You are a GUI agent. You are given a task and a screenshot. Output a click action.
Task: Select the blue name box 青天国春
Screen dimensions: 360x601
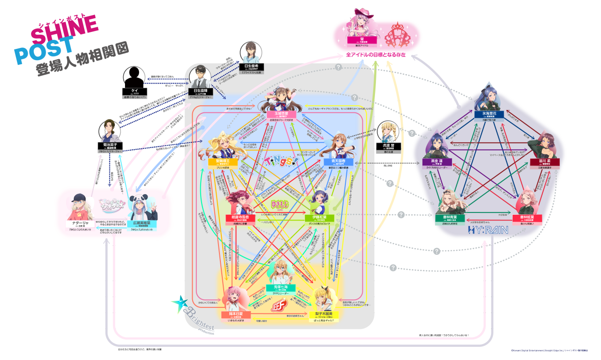[338, 161]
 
